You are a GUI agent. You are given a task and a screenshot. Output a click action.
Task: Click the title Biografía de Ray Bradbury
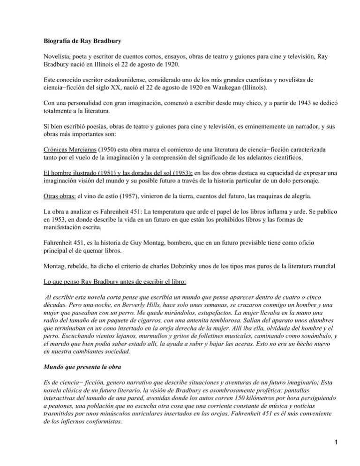(x=79, y=41)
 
